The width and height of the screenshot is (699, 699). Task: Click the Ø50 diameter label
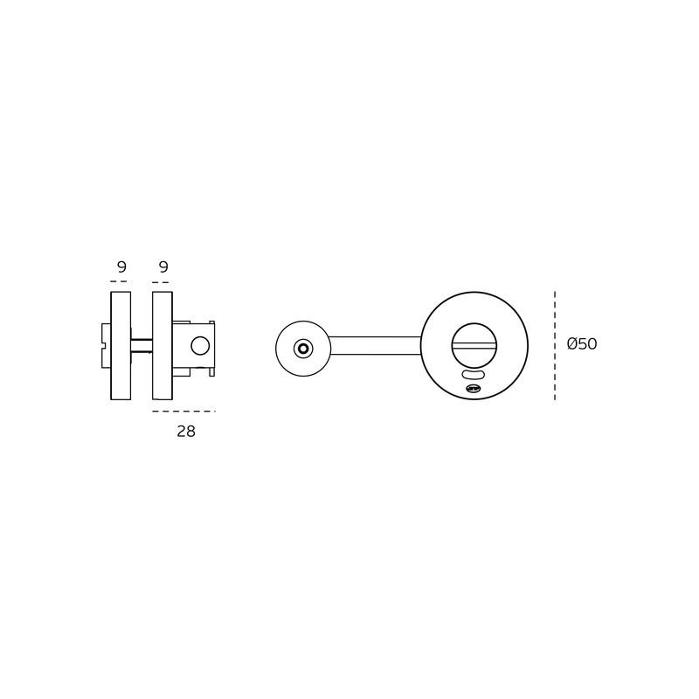(582, 343)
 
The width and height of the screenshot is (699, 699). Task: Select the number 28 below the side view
(186, 431)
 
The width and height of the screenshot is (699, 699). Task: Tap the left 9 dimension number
(121, 266)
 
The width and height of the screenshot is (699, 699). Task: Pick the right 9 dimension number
(163, 266)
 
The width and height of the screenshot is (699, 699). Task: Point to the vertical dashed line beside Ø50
(555, 345)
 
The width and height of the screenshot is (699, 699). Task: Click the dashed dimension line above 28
(183, 411)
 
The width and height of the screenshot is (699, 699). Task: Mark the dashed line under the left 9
(119, 281)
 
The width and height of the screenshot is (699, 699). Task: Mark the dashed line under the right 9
(160, 282)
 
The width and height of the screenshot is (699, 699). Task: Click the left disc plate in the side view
(121, 345)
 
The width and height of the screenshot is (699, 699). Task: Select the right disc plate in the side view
(163, 345)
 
